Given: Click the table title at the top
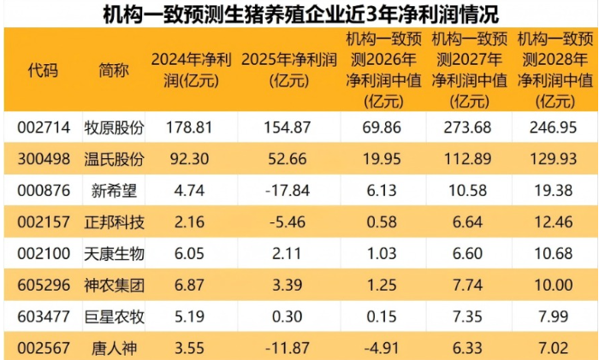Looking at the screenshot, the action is point(300,15).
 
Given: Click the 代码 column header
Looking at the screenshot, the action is point(43,71).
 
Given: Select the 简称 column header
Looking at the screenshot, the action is point(114,71).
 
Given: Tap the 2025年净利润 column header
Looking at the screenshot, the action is point(289,70).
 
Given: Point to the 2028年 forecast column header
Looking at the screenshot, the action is point(555,70).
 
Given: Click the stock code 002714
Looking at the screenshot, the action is point(44,127).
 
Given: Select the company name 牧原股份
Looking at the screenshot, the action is point(114,127).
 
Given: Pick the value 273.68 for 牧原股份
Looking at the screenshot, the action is point(467,127).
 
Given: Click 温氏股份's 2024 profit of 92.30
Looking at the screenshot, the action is point(189,159).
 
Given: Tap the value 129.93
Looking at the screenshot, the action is point(553,159).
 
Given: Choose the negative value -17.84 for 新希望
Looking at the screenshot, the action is point(288,191).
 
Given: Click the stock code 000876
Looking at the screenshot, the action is point(44,191).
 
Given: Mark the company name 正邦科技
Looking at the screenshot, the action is point(114,222).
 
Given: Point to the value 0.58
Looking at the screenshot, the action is point(382,222).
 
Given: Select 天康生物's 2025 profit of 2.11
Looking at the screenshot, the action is point(287,253).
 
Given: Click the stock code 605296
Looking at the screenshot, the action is point(44,285).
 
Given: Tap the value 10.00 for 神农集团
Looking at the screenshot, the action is point(553,285).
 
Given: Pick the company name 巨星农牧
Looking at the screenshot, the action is point(114,317).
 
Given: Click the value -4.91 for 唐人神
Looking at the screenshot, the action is point(382,348).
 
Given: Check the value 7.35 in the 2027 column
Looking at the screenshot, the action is point(467,316).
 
